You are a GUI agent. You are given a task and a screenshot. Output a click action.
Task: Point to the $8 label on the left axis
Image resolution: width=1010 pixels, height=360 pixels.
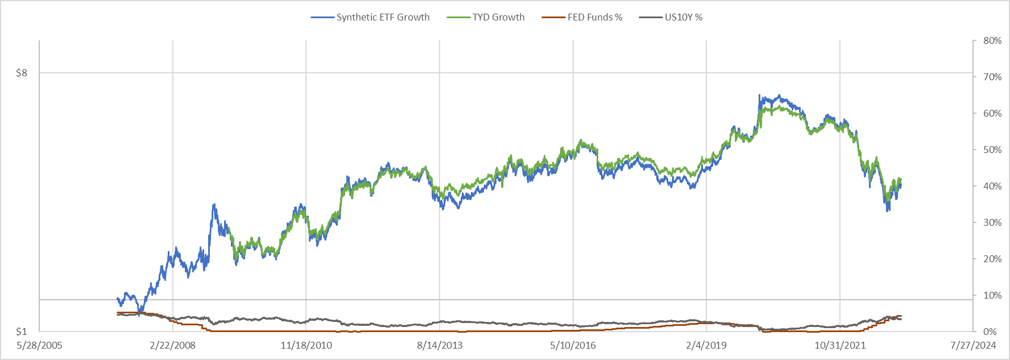point(22,73)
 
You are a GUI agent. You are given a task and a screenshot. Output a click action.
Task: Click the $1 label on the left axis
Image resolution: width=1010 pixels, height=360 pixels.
point(22,332)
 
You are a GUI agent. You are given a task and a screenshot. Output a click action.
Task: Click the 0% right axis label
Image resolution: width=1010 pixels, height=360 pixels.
point(990,332)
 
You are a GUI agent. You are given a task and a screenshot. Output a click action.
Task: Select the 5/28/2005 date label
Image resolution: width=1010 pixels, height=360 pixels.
point(39,345)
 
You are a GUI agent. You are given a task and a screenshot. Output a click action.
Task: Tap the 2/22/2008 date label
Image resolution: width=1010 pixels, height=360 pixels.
point(173,345)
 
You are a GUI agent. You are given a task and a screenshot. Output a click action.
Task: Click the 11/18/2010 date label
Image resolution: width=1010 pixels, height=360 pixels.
point(306,345)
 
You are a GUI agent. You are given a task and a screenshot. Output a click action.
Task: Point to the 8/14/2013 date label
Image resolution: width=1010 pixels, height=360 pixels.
point(440,345)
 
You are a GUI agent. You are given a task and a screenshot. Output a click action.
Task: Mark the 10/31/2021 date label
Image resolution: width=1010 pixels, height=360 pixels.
point(840,345)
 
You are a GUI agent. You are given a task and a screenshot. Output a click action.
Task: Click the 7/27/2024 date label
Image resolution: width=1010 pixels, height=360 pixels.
point(973,345)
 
